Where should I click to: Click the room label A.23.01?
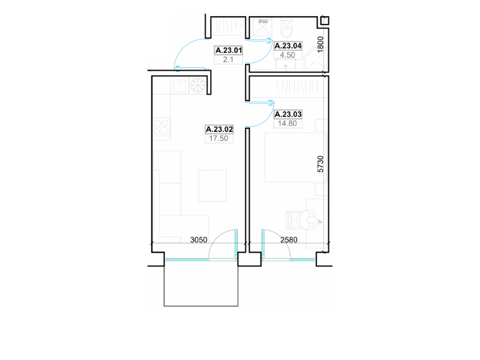(x=229, y=50)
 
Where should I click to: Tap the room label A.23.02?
(x=219, y=129)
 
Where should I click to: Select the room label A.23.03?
(x=288, y=114)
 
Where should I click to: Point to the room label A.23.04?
(x=288, y=46)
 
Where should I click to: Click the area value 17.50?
(x=218, y=139)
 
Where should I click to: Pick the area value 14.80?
(x=287, y=124)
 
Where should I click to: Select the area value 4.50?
(x=287, y=55)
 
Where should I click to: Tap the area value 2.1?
(x=228, y=59)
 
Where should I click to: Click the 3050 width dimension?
(x=199, y=239)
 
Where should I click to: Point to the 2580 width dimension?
(x=289, y=239)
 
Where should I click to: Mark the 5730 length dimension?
(x=320, y=164)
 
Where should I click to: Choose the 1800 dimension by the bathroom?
(x=320, y=44)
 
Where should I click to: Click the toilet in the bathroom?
(x=287, y=28)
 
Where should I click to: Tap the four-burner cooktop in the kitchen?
(x=161, y=127)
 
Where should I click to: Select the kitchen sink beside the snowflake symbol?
(x=179, y=86)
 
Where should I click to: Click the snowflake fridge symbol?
(x=197, y=85)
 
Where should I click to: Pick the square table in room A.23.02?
(x=212, y=186)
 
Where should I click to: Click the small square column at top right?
(x=325, y=20)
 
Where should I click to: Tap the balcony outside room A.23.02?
(x=201, y=283)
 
